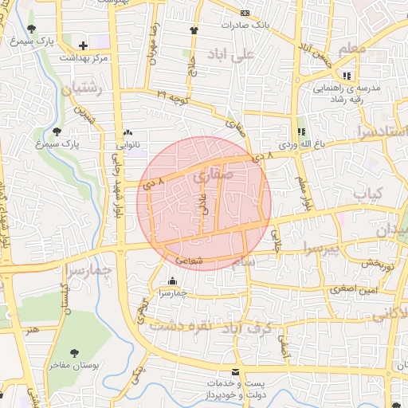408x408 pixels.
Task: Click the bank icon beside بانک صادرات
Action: (245, 13)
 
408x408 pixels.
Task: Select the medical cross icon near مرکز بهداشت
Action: (84, 45)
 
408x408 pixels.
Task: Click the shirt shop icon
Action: (194, 30)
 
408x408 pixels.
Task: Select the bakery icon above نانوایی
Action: (127, 133)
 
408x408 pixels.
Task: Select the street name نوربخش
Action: (373, 263)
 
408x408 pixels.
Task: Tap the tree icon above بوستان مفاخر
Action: (74, 351)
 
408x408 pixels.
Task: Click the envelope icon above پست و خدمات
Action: (234, 371)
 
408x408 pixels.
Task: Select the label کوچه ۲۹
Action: (173, 97)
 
